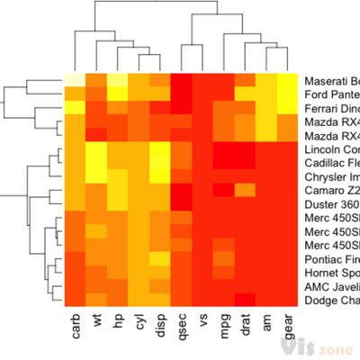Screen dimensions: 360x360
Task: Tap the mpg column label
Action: [225, 323]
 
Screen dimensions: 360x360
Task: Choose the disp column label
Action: [161, 324]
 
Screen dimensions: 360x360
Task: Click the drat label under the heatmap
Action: [246, 324]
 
